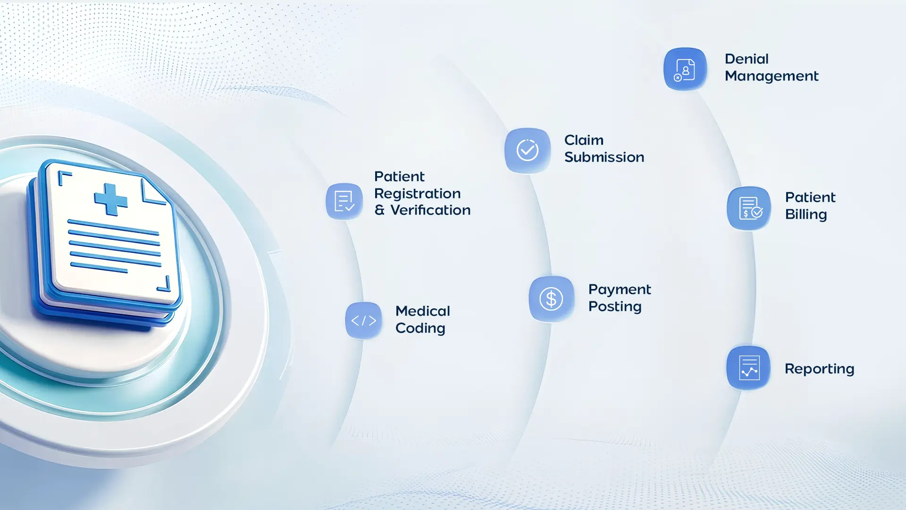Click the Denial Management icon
coord(685,69)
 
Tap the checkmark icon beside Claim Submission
coord(528,150)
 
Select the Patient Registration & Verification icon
coord(344,201)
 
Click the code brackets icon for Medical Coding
coord(363,321)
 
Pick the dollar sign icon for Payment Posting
coord(551,298)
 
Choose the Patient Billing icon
coord(749,208)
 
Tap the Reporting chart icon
coord(748,368)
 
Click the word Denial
coord(747,59)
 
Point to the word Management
coord(772,76)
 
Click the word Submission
coord(604,157)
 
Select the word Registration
coord(417,194)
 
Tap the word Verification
coord(430,210)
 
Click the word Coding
coord(420,329)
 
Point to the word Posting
coord(615,307)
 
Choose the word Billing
coord(806,215)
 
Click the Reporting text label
coord(819,369)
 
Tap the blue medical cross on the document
coord(111,199)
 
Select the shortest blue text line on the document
coord(99,267)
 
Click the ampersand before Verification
coord(379,211)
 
